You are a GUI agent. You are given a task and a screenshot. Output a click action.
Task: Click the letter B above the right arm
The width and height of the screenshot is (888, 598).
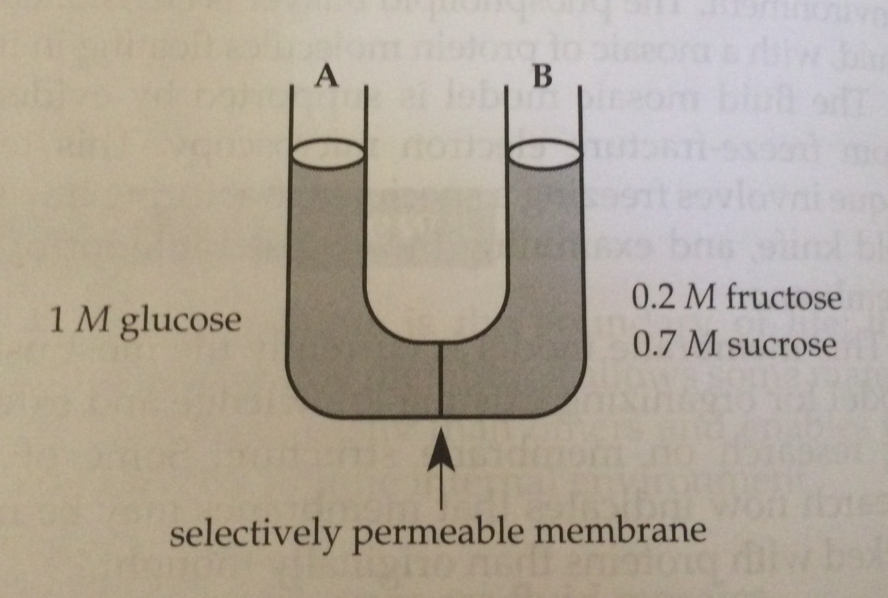click(x=543, y=77)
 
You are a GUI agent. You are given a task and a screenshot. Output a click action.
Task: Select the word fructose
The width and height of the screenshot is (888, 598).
click(x=783, y=298)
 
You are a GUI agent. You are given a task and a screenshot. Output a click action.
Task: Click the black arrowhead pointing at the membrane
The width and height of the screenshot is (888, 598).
click(x=440, y=450)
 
